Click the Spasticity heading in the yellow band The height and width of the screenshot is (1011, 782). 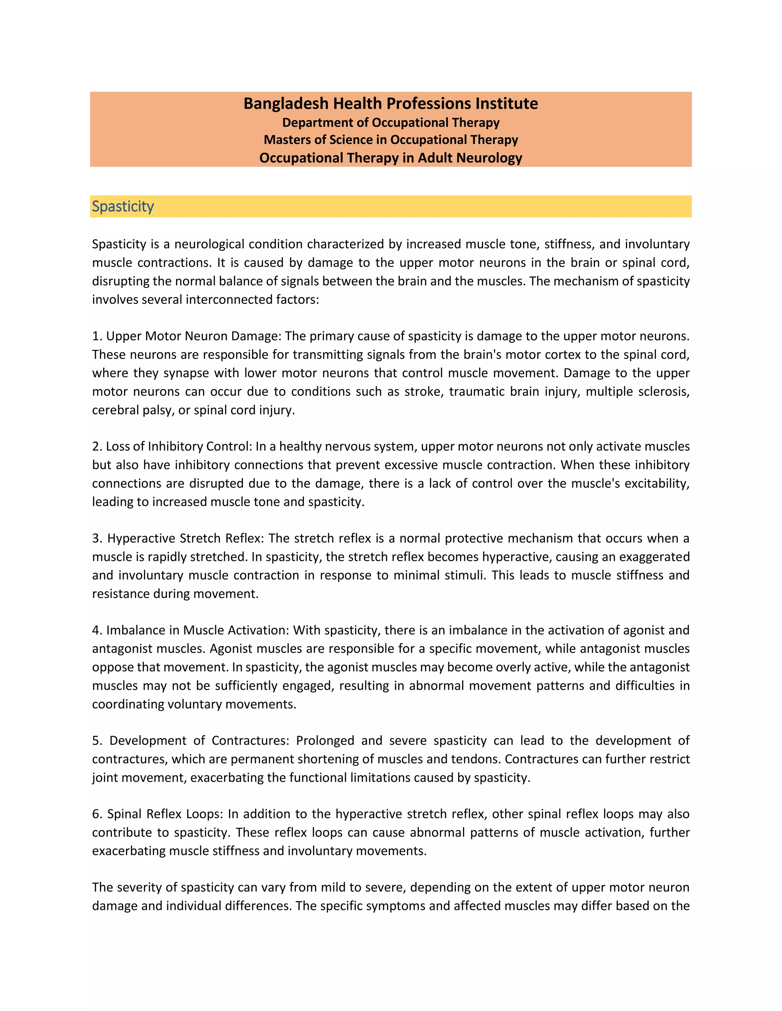(123, 206)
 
